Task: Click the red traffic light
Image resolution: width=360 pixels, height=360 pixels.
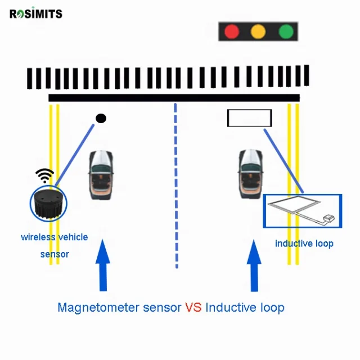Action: click(232, 31)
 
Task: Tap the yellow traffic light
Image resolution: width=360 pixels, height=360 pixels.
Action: click(258, 31)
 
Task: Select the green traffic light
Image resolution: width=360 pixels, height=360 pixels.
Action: click(286, 31)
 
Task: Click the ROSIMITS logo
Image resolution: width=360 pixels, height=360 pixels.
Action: click(36, 14)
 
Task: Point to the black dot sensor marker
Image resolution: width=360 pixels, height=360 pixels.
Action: click(101, 118)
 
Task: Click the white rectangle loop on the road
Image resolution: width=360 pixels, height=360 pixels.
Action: click(249, 118)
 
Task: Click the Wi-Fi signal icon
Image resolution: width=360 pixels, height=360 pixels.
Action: click(44, 176)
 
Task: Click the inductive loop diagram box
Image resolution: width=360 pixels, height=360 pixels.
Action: click(303, 211)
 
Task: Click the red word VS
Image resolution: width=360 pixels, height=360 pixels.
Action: click(193, 308)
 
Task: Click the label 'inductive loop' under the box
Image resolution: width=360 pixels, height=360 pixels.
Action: click(304, 244)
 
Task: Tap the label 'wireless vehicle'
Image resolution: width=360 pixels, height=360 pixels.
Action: click(55, 237)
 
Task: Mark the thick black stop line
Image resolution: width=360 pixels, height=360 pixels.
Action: click(174, 98)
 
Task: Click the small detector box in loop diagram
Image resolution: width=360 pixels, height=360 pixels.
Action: click(330, 218)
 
